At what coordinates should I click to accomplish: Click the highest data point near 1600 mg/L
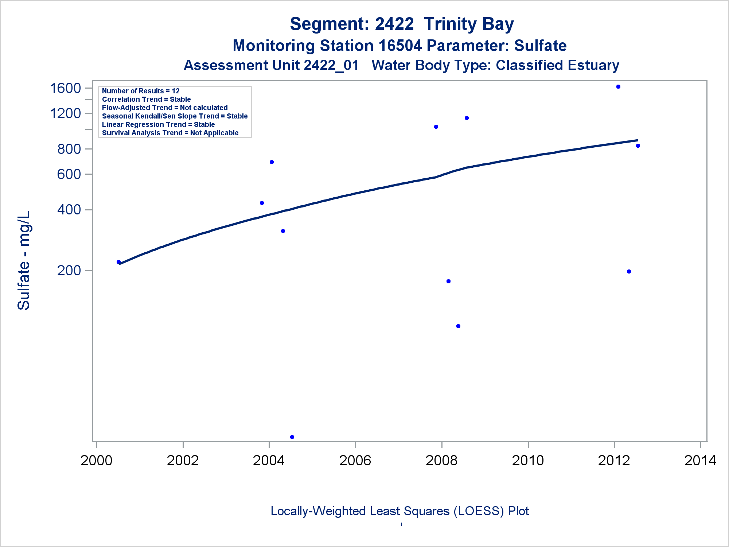tap(618, 87)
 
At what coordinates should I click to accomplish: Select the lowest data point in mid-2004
tap(292, 437)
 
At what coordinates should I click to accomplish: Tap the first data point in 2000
tap(118, 262)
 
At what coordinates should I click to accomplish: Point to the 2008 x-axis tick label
tap(441, 461)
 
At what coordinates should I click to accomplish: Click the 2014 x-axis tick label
tap(700, 461)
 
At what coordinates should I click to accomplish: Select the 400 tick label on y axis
tap(69, 210)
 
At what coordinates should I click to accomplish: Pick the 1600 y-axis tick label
tap(65, 88)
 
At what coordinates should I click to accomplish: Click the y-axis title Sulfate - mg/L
tap(24, 260)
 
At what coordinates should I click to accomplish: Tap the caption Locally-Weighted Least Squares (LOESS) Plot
tap(399, 511)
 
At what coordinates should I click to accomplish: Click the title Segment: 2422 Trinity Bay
tap(402, 24)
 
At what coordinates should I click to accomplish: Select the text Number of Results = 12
tap(141, 91)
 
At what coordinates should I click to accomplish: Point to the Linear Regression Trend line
tap(158, 124)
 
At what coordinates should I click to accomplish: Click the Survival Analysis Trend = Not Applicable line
tap(170, 133)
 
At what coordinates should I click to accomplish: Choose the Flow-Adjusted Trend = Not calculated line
tap(165, 108)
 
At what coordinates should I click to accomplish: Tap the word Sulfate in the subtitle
tap(540, 46)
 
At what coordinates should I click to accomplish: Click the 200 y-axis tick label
tap(69, 271)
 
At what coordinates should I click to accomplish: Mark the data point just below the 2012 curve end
tap(638, 146)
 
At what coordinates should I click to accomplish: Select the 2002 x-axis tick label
tap(183, 461)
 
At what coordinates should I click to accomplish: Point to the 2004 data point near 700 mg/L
tap(272, 162)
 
